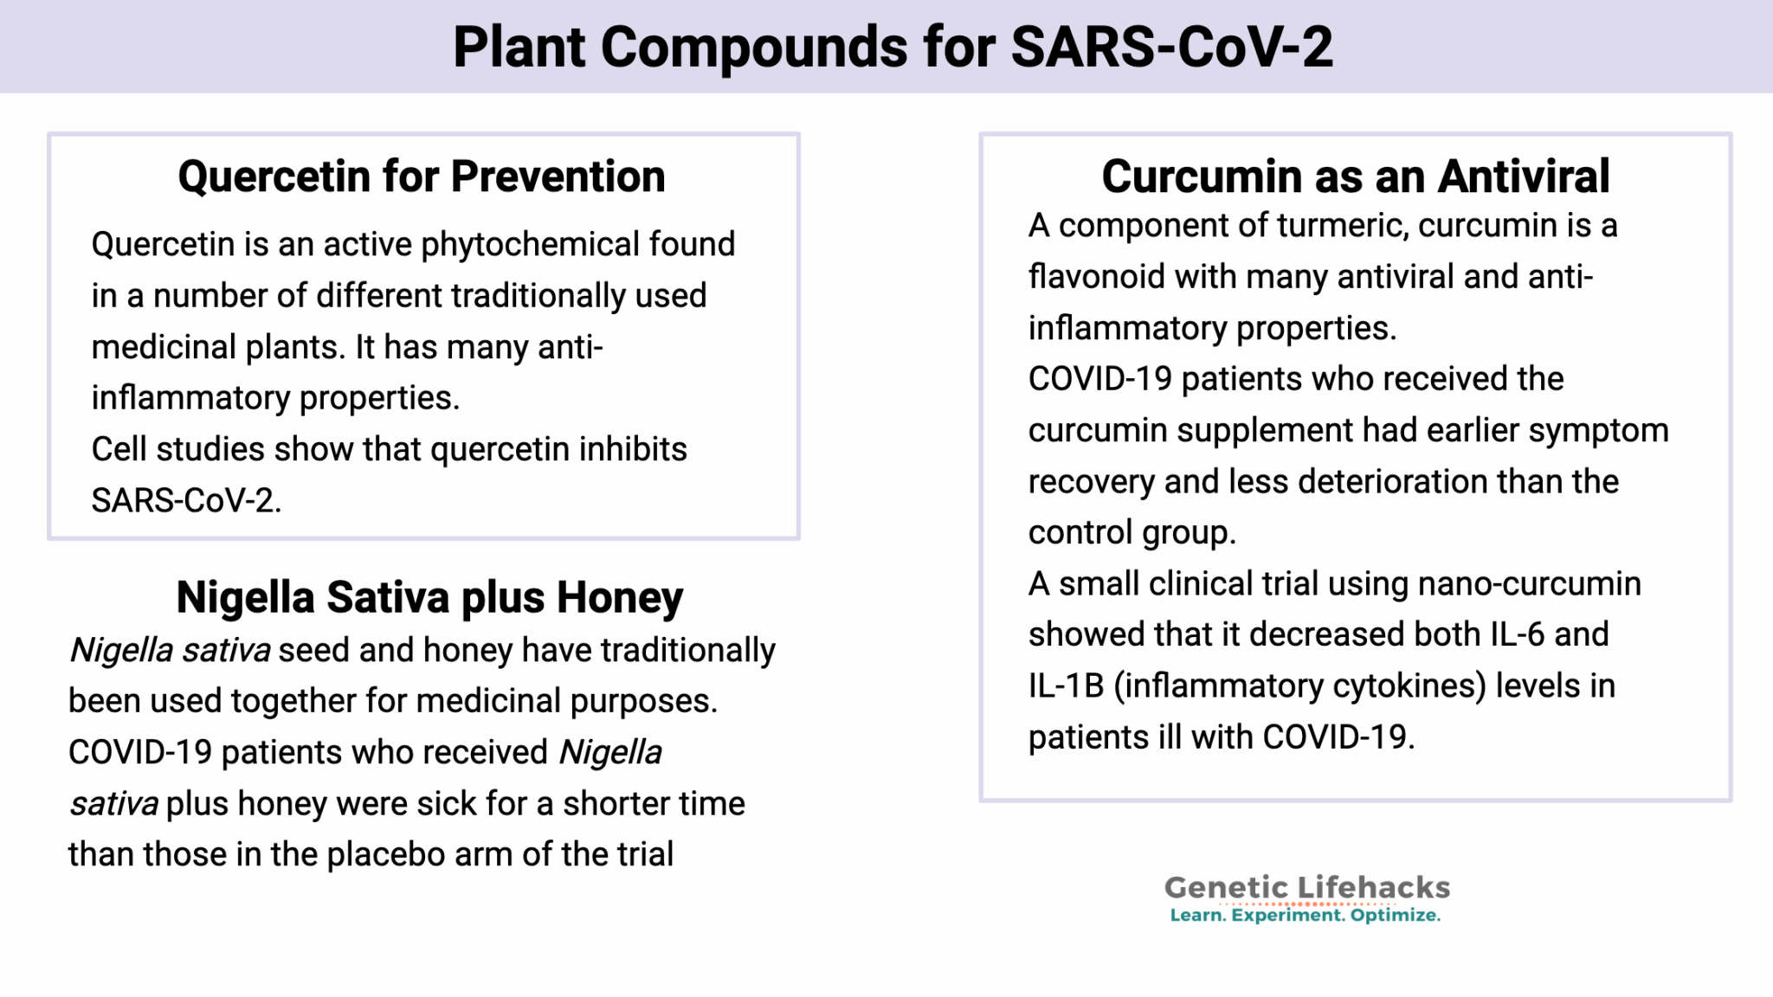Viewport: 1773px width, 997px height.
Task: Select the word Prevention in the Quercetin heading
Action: [x=558, y=177]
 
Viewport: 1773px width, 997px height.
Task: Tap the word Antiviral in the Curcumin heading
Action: [x=1524, y=177]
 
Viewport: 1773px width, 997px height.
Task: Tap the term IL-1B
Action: [x=1066, y=686]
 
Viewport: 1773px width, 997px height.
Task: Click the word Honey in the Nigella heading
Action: [x=619, y=597]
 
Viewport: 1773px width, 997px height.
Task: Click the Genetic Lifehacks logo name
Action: [x=1306, y=888]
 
